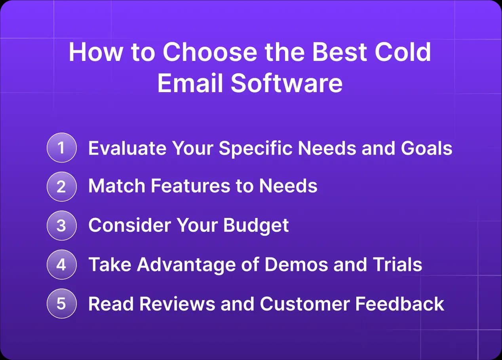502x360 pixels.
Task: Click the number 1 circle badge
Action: [61, 148]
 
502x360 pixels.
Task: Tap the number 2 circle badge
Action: [61, 186]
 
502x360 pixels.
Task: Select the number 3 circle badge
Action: [61, 225]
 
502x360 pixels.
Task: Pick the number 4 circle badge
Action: [61, 264]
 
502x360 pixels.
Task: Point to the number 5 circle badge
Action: [61, 303]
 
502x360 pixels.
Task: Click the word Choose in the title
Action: [209, 52]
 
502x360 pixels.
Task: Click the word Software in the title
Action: [287, 83]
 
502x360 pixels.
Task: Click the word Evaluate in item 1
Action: [127, 148]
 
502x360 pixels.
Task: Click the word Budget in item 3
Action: [256, 225]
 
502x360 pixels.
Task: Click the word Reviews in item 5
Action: [177, 303]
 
